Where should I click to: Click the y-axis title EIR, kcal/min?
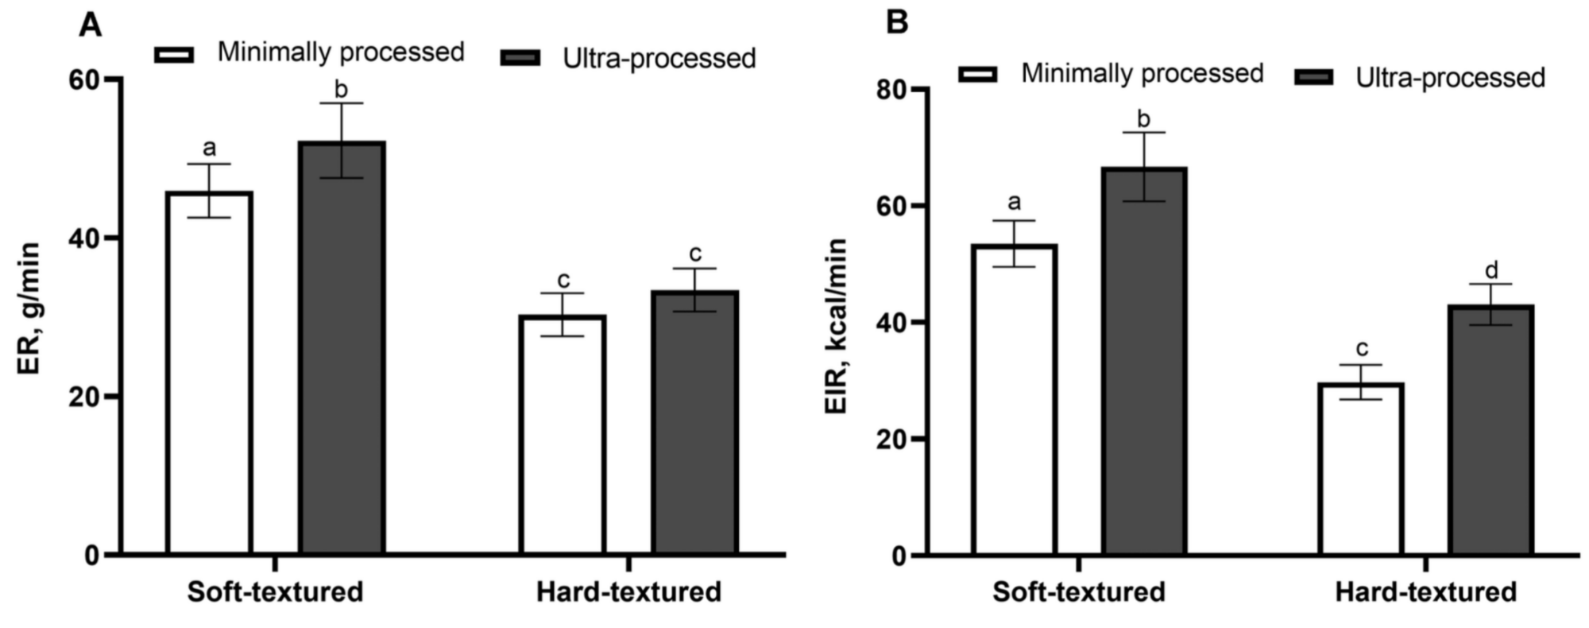[837, 326]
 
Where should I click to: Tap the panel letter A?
[91, 25]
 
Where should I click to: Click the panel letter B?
[897, 22]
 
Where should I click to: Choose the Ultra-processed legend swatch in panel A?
[520, 58]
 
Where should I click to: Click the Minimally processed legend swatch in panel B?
[977, 74]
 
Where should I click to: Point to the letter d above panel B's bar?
[1490, 269]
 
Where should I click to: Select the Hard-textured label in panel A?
[628, 592]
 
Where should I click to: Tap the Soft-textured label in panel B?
[1078, 592]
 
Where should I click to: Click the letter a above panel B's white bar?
[1014, 203]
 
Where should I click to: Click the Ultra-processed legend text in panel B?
[1450, 78]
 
